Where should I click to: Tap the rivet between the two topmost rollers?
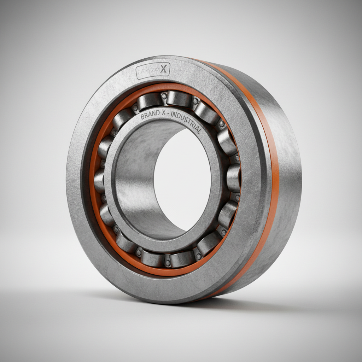(x=164, y=95)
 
